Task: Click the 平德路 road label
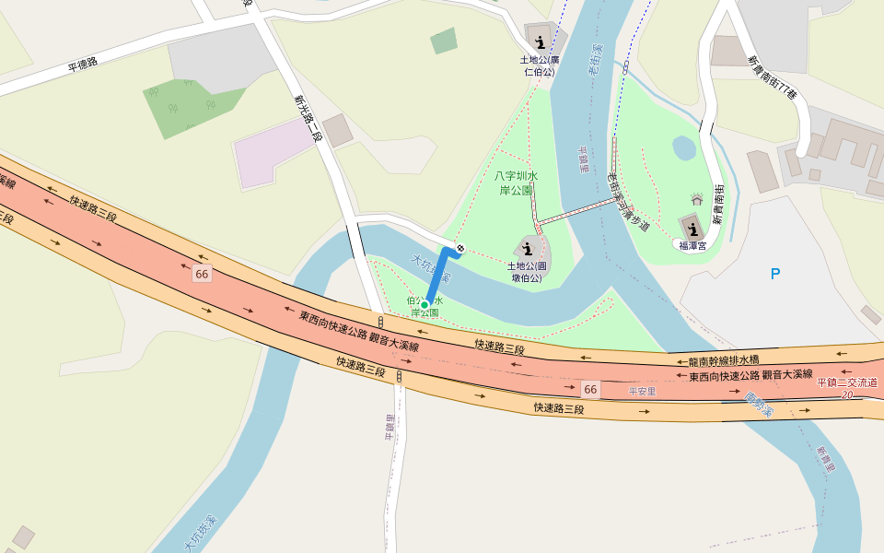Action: pos(83,66)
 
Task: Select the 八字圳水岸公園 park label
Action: pos(517,182)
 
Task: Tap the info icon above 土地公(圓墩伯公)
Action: pos(528,246)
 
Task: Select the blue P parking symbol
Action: pos(775,274)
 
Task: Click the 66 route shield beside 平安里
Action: pos(590,390)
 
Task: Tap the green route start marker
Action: pos(425,304)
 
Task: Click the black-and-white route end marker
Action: pos(459,248)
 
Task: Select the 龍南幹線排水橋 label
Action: pos(724,360)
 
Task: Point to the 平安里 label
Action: pos(642,392)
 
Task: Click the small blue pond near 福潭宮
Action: pos(684,147)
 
